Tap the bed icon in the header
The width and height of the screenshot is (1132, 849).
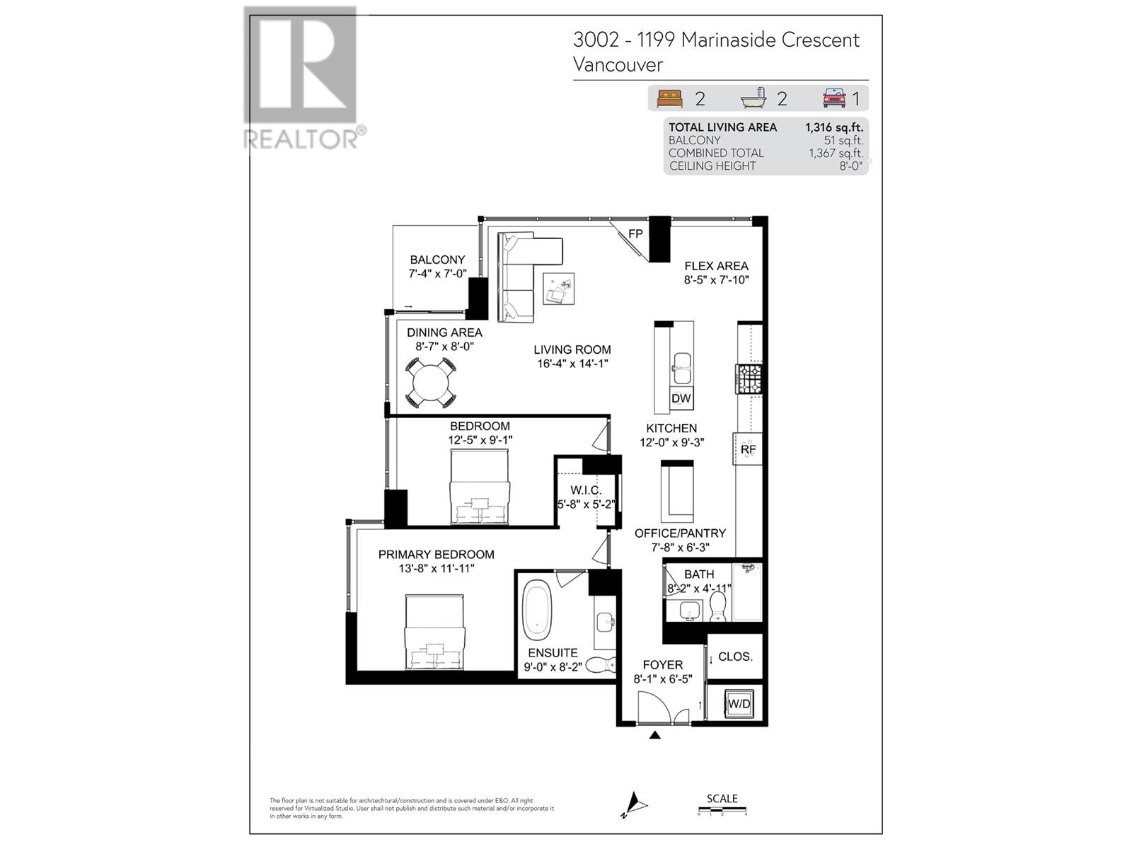tap(669, 98)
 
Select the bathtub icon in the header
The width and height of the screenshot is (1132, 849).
tap(754, 98)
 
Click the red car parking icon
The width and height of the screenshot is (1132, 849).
tap(834, 98)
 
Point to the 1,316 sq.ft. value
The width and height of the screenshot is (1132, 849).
tap(833, 127)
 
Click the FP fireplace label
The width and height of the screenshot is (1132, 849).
tap(635, 234)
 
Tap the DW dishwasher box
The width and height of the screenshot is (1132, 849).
tap(681, 398)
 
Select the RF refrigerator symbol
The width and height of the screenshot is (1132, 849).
tap(749, 449)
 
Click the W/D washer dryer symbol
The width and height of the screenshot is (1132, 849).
tap(739, 704)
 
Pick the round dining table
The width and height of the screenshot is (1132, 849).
tap(430, 383)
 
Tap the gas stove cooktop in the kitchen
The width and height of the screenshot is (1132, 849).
tap(749, 379)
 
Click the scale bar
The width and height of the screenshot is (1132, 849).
tap(722, 811)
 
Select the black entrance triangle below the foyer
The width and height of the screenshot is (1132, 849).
tap(655, 735)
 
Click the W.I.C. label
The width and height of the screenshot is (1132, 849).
tap(586, 490)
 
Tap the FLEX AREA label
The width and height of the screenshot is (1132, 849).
tap(716, 266)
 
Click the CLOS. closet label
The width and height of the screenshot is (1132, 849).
tap(735, 657)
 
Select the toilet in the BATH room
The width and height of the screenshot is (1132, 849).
tap(718, 607)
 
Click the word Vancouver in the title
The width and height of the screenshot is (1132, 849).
tap(618, 65)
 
